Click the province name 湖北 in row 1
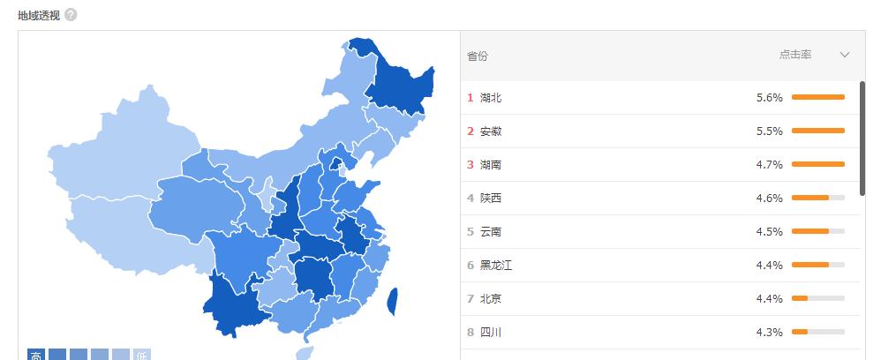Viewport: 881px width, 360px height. [490, 98]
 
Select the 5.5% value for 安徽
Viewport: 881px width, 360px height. [770, 131]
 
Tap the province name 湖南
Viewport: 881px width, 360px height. [490, 165]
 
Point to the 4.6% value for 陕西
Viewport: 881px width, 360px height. [770, 199]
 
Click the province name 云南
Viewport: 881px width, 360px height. [490, 232]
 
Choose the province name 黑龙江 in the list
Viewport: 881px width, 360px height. [495, 266]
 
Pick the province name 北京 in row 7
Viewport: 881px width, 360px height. [490, 299]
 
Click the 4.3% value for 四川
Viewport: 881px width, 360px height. [770, 333]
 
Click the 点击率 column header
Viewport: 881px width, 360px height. [795, 55]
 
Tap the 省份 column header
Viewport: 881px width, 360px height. [477, 56]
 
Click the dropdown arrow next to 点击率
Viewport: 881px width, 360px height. [845, 55]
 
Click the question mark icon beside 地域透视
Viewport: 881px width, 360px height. [71, 15]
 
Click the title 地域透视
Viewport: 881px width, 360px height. [38, 15]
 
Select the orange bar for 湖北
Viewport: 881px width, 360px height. [818, 97]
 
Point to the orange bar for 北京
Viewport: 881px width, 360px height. [800, 298]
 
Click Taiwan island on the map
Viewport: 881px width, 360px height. [392, 301]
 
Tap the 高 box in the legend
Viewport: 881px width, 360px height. [36, 355]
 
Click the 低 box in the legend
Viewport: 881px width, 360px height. [142, 355]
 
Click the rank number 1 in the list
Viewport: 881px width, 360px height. [471, 98]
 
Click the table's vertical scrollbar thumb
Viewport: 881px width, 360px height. [862, 138]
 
